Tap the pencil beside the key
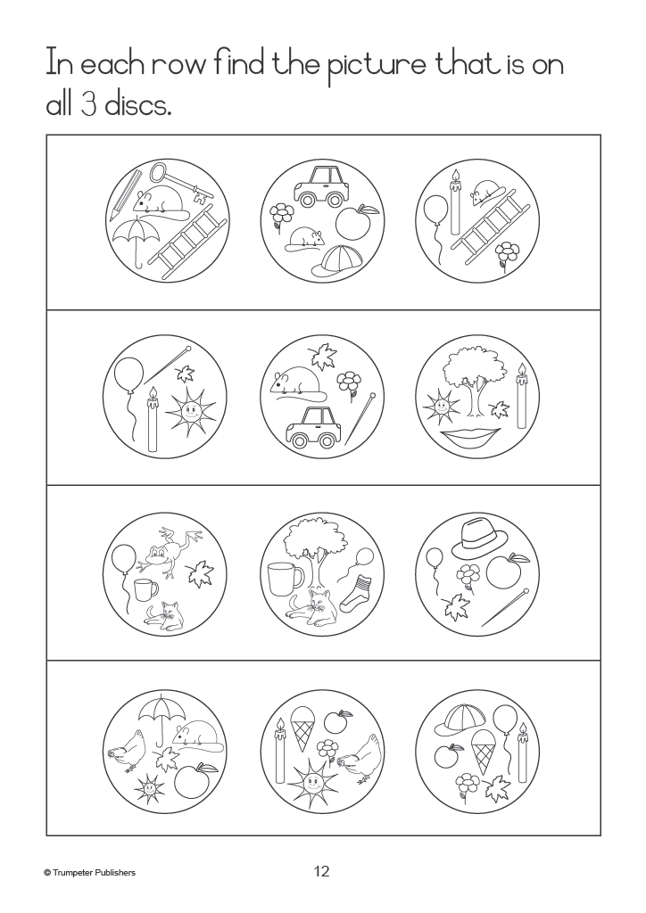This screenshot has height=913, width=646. (127, 192)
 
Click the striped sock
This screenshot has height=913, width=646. (352, 593)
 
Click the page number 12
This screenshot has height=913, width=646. (321, 871)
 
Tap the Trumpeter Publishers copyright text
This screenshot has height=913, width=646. (90, 872)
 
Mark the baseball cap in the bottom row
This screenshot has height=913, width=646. (459, 726)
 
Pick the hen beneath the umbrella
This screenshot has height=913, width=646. (127, 750)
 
